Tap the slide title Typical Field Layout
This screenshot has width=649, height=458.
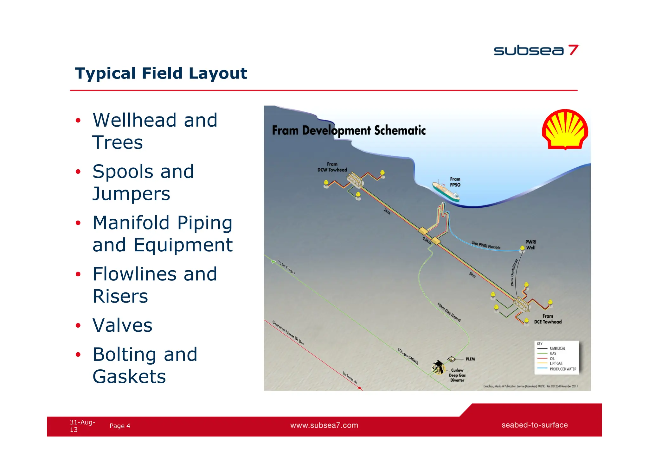pyautogui.click(x=161, y=73)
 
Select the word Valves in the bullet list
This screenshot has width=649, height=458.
pyautogui.click(x=122, y=325)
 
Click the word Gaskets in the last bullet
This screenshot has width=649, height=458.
pyautogui.click(x=129, y=377)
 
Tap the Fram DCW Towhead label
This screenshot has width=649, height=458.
pyautogui.click(x=332, y=167)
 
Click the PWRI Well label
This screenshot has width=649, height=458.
pyautogui.click(x=530, y=245)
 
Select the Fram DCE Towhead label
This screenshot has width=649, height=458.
pyautogui.click(x=548, y=319)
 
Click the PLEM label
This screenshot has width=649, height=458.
pyautogui.click(x=470, y=359)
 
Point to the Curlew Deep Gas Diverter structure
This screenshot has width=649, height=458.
pyautogui.click(x=438, y=367)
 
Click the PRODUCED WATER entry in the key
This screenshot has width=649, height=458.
pyautogui.click(x=563, y=369)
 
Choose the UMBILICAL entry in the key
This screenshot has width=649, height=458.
pyautogui.click(x=557, y=348)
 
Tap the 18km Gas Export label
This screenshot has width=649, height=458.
pyautogui.click(x=449, y=312)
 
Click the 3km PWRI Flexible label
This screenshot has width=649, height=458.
pyautogui.click(x=485, y=245)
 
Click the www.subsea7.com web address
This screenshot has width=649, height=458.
pyautogui.click(x=324, y=425)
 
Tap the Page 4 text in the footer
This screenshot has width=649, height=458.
pyautogui.click(x=120, y=426)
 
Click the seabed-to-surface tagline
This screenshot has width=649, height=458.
pyautogui.click(x=534, y=425)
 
